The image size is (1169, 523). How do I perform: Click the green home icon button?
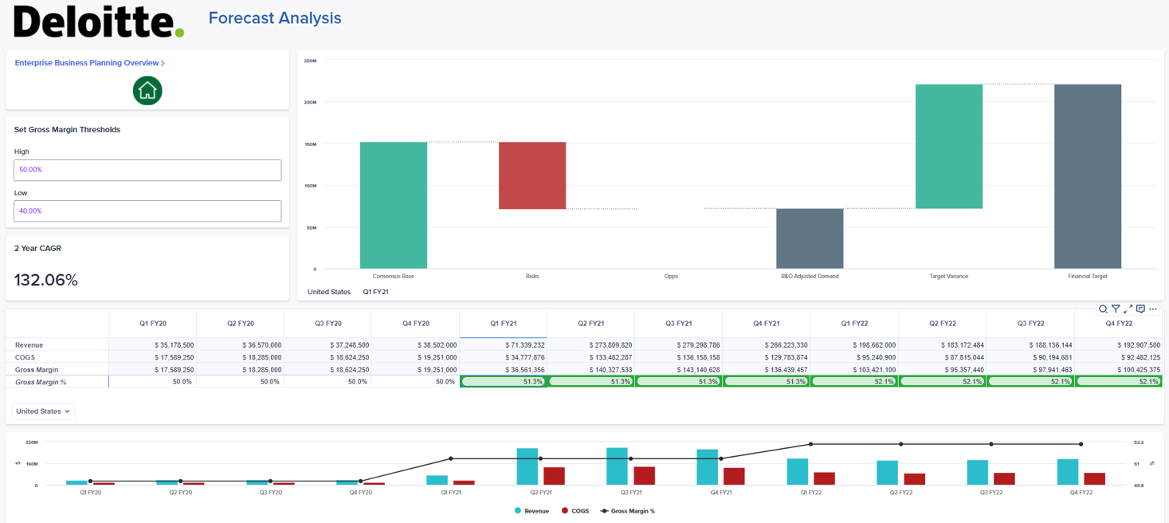(147, 90)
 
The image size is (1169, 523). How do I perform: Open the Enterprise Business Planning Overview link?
(89, 63)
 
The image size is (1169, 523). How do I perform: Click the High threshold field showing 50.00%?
(147, 170)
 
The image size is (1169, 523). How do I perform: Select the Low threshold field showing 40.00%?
(147, 211)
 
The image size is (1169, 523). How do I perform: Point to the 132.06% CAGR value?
(46, 280)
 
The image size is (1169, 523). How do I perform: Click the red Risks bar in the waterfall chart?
(532, 175)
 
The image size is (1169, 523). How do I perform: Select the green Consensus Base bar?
(394, 205)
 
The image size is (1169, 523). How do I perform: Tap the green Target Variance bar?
(948, 147)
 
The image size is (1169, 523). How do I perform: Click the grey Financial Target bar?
(1087, 176)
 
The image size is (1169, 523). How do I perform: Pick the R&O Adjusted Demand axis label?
(810, 277)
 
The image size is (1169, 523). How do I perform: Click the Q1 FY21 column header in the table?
(503, 324)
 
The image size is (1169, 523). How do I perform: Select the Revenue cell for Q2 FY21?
(590, 345)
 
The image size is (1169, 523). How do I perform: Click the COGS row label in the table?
(25, 358)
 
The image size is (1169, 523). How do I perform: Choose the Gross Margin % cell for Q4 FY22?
(1118, 382)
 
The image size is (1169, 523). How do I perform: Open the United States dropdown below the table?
(43, 411)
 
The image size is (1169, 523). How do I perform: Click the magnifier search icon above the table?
(1103, 309)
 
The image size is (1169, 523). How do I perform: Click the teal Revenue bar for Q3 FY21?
(618, 466)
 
